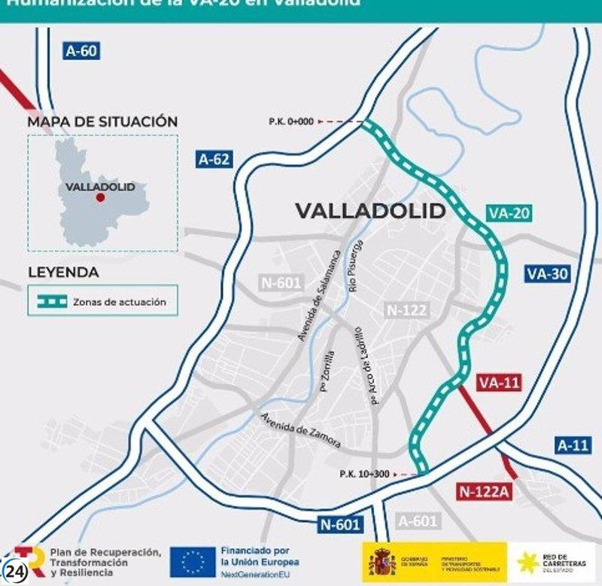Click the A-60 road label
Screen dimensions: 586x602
[x=82, y=51]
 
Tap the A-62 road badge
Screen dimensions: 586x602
[x=214, y=159]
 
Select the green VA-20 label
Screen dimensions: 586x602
[x=509, y=213]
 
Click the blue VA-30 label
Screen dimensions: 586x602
[x=547, y=273]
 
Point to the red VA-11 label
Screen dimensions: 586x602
[x=499, y=383]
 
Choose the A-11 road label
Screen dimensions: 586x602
[x=573, y=444]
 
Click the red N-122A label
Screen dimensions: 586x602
[x=485, y=491]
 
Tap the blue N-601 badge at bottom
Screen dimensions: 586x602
[x=339, y=524]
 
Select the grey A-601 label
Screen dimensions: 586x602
[x=418, y=521]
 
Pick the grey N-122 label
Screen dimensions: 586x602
[x=406, y=310]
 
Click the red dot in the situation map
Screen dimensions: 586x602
[x=99, y=197]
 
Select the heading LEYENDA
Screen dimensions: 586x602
[x=63, y=272]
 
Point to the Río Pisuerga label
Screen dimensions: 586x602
[x=355, y=265]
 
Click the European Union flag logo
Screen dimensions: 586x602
[x=193, y=561]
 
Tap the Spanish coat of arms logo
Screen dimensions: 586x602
[x=382, y=562]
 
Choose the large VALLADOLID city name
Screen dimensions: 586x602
[x=370, y=211]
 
